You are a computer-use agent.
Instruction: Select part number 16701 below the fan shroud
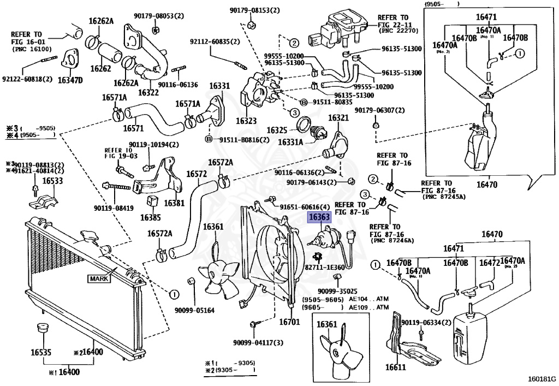point(289,322)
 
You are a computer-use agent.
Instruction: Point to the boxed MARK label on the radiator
point(99,278)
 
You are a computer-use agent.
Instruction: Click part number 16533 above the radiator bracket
point(52,181)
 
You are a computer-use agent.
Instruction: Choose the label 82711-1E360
point(325,268)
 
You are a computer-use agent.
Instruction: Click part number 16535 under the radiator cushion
point(40,353)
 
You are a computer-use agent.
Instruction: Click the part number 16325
point(277,130)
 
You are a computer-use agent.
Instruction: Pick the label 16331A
point(291,142)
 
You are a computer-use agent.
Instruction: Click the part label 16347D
point(70,80)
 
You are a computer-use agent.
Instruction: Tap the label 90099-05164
point(195,311)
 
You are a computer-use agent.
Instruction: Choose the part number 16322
point(148,93)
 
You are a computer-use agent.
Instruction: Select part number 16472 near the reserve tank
point(490,263)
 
